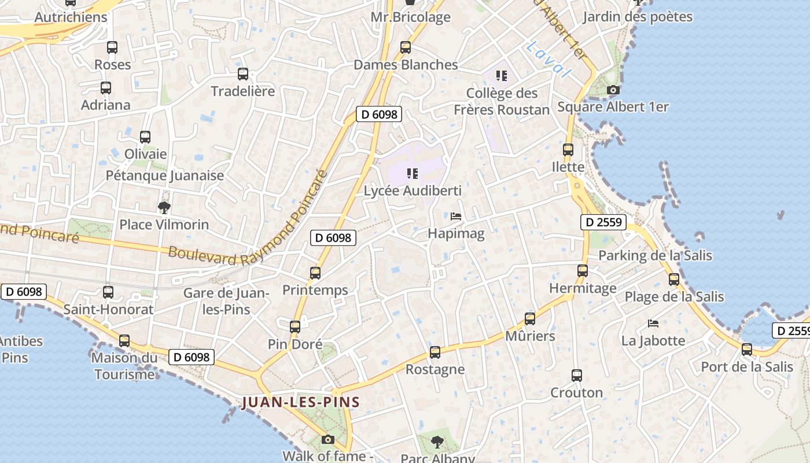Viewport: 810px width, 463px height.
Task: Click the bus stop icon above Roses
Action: click(x=112, y=47)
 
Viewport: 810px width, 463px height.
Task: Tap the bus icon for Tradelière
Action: click(x=243, y=74)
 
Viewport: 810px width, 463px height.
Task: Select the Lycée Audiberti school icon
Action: click(x=413, y=173)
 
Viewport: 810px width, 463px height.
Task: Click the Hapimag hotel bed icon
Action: click(x=456, y=216)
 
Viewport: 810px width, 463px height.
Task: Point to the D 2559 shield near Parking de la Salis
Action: click(x=603, y=222)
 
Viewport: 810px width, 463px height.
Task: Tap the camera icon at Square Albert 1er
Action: click(x=613, y=90)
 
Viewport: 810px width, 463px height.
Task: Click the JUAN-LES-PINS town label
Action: click(x=301, y=402)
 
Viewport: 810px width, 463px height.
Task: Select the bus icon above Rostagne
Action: click(x=435, y=352)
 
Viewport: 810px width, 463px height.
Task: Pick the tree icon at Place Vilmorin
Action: click(x=164, y=207)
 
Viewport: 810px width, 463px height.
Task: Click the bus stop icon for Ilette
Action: click(x=568, y=149)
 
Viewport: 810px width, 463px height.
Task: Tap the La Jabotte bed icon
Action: click(x=653, y=323)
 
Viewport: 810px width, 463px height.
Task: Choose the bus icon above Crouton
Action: click(x=577, y=375)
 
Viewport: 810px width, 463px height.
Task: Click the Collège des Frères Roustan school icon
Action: click(x=502, y=75)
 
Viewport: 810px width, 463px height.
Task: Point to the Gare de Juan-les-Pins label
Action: click(x=226, y=301)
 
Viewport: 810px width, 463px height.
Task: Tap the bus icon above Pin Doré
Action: click(x=295, y=327)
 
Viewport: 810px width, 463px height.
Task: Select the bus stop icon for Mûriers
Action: click(x=530, y=318)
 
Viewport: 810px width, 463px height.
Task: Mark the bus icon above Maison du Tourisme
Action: click(x=124, y=341)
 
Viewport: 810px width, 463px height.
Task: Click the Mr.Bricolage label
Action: click(x=411, y=17)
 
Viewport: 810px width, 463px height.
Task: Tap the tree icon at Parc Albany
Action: click(x=437, y=442)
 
